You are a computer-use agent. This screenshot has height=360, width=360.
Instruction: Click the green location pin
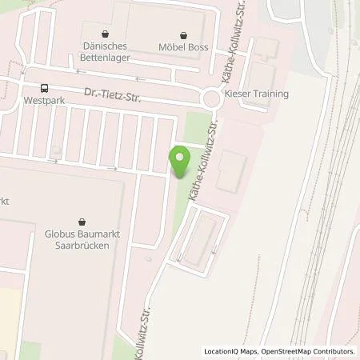coord(181,162)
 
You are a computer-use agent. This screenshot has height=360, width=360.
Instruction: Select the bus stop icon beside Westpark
coord(45,90)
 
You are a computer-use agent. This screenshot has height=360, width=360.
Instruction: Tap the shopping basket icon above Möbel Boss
coord(186,34)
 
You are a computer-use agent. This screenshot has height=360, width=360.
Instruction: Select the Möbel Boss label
coord(186,47)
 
